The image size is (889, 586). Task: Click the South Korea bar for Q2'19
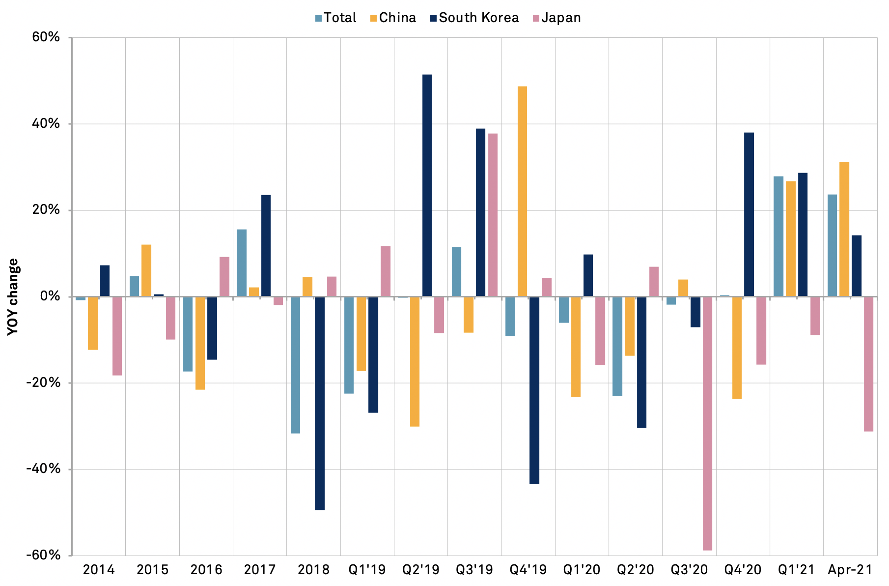pos(427,185)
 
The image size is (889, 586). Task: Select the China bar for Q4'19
pos(522,191)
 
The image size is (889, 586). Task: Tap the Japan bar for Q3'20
pos(707,423)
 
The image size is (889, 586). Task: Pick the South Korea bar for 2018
pos(320,403)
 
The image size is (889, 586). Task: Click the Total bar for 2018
pos(295,365)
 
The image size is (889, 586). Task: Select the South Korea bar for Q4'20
pos(749,214)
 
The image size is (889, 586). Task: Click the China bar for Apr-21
pos(844,229)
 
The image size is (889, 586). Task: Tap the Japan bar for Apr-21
pos(868,364)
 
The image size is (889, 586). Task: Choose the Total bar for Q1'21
pos(778,236)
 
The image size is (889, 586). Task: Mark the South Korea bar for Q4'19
pos(534,390)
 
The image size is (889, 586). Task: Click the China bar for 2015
pos(146,270)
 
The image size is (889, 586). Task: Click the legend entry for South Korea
pos(474,18)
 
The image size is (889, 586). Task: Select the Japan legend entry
pos(556,18)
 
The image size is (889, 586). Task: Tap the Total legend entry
pos(335,18)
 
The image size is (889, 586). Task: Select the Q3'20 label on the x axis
pos(689,570)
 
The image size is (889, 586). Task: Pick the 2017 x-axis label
pos(260,570)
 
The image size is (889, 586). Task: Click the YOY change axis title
pos(14,296)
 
